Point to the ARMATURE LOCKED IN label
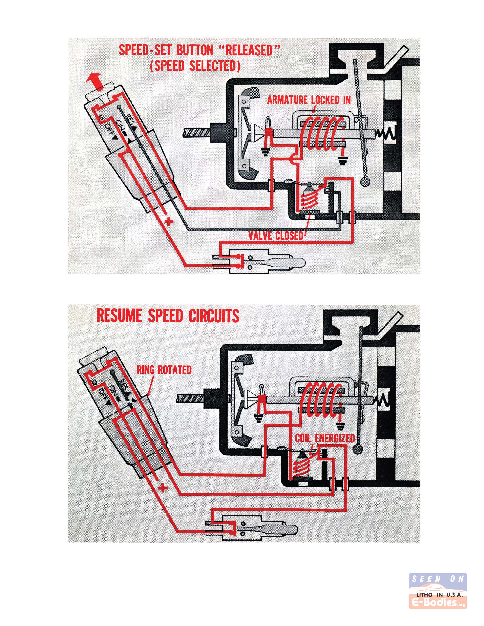tap(309, 100)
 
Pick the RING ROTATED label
tap(164, 370)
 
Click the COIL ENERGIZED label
tap(325, 438)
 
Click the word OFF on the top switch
tap(111, 132)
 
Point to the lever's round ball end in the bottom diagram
tap(358, 449)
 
